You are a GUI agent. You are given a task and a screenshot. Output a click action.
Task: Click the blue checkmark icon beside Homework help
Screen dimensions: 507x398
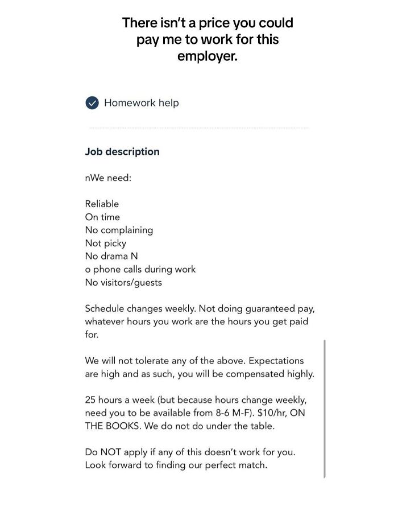[x=92, y=103]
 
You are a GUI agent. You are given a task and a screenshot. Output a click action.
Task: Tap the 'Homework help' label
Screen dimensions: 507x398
[x=141, y=103]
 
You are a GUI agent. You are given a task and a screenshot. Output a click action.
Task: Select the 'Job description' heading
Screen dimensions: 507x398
[x=122, y=152]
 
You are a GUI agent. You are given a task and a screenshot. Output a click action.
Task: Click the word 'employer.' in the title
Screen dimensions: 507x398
[x=208, y=56]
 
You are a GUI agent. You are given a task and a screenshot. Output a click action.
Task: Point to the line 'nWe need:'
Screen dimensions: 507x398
[x=108, y=178]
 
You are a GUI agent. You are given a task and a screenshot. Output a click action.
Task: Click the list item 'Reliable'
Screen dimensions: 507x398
[x=102, y=204]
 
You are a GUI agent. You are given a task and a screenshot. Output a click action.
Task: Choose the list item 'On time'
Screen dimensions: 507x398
[x=102, y=217]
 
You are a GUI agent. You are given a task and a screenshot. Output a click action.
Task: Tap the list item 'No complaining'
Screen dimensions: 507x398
[x=119, y=230]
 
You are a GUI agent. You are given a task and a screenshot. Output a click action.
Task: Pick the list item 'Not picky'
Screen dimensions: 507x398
[x=106, y=243]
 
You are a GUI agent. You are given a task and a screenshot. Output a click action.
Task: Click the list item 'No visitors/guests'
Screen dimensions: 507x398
[x=123, y=282]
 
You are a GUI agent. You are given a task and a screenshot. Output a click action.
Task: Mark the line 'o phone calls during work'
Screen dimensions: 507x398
[x=140, y=269]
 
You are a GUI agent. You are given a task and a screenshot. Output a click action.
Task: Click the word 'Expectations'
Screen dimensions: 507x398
[x=276, y=361]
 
